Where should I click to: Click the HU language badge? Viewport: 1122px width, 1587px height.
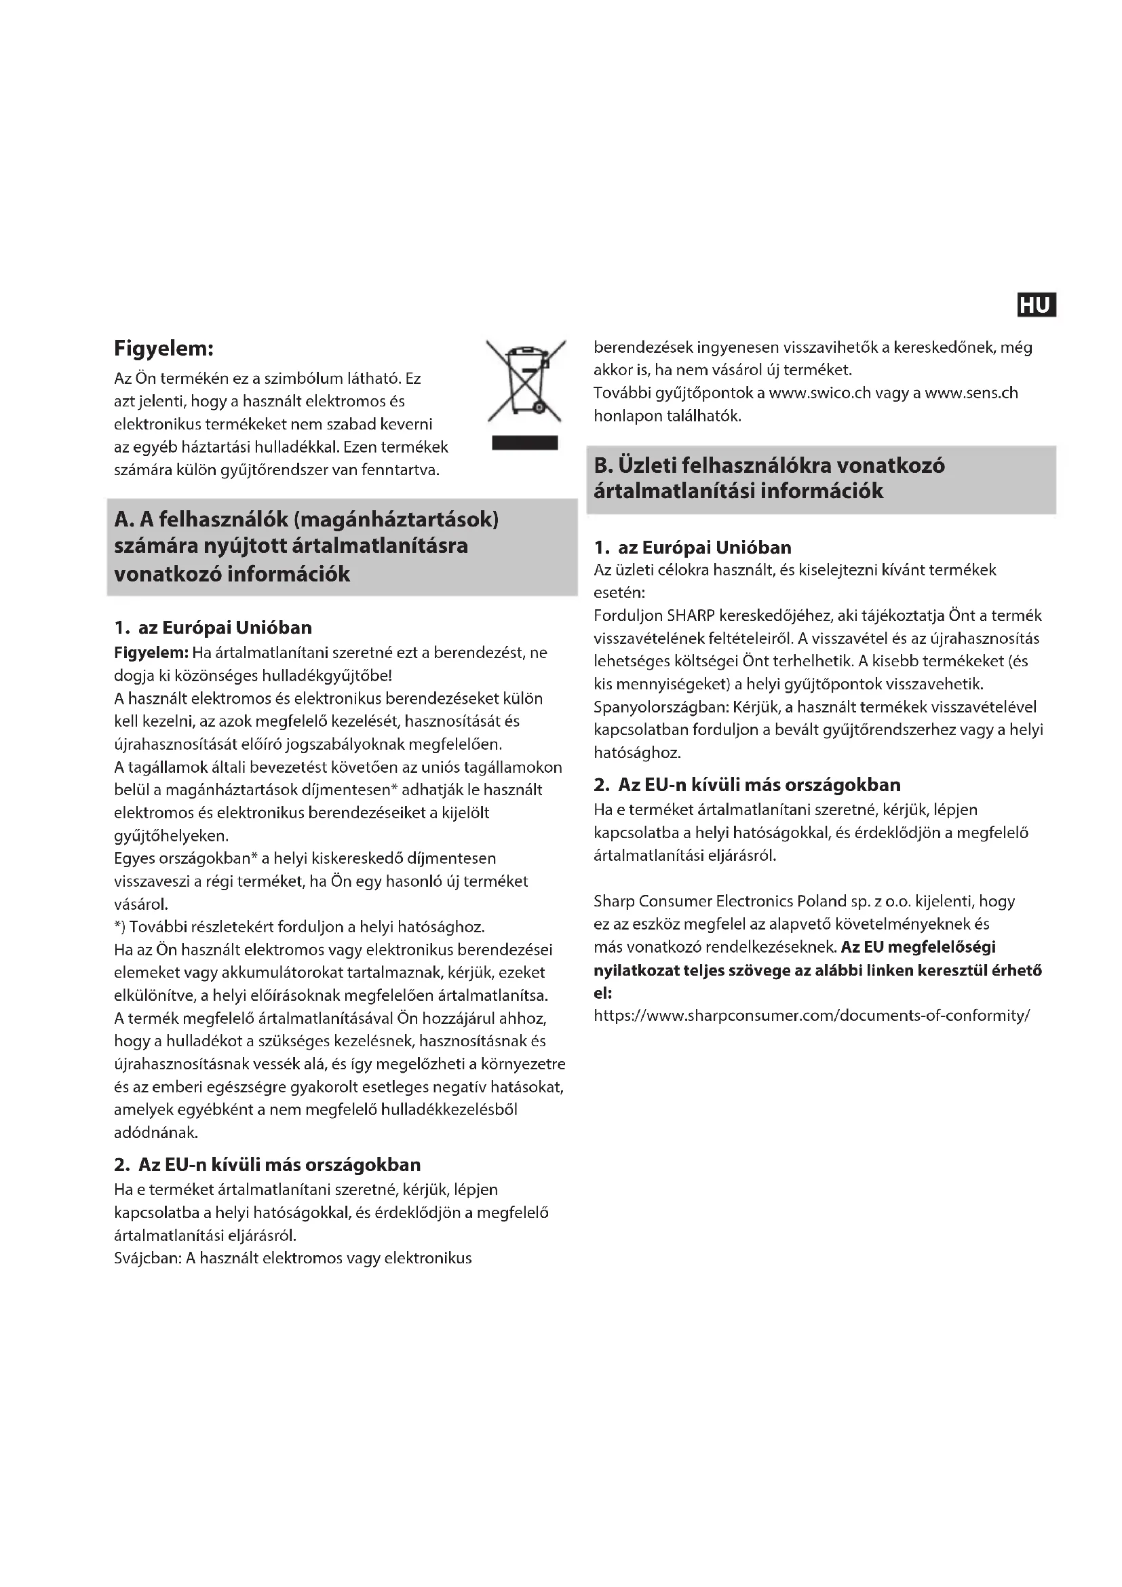click(x=1037, y=305)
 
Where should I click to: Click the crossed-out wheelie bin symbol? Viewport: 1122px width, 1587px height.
click(x=526, y=381)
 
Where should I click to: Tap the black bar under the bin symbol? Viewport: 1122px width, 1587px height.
click(x=524, y=443)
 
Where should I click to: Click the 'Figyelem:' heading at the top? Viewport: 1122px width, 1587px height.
click(x=163, y=347)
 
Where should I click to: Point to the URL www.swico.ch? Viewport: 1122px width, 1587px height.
click(x=819, y=393)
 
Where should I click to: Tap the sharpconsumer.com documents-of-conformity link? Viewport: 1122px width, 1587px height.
click(x=812, y=1016)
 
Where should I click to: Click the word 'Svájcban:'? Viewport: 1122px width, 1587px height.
click(x=147, y=1257)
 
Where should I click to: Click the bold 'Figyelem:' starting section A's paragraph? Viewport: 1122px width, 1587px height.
click(x=151, y=653)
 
